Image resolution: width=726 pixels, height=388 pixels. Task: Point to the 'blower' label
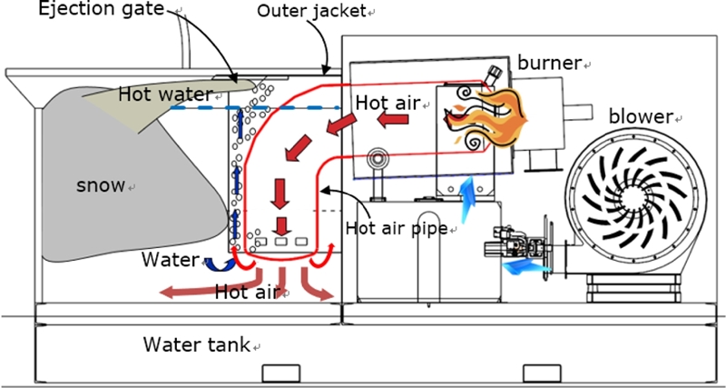click(x=641, y=116)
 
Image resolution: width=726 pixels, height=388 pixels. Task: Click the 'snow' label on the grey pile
click(x=100, y=185)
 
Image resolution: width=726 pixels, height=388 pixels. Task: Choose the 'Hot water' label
click(x=164, y=94)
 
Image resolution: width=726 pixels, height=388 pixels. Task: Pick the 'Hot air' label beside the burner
click(x=388, y=103)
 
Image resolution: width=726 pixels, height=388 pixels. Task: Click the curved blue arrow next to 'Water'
click(x=215, y=263)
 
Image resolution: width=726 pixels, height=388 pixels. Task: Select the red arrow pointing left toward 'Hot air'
click(x=394, y=120)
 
